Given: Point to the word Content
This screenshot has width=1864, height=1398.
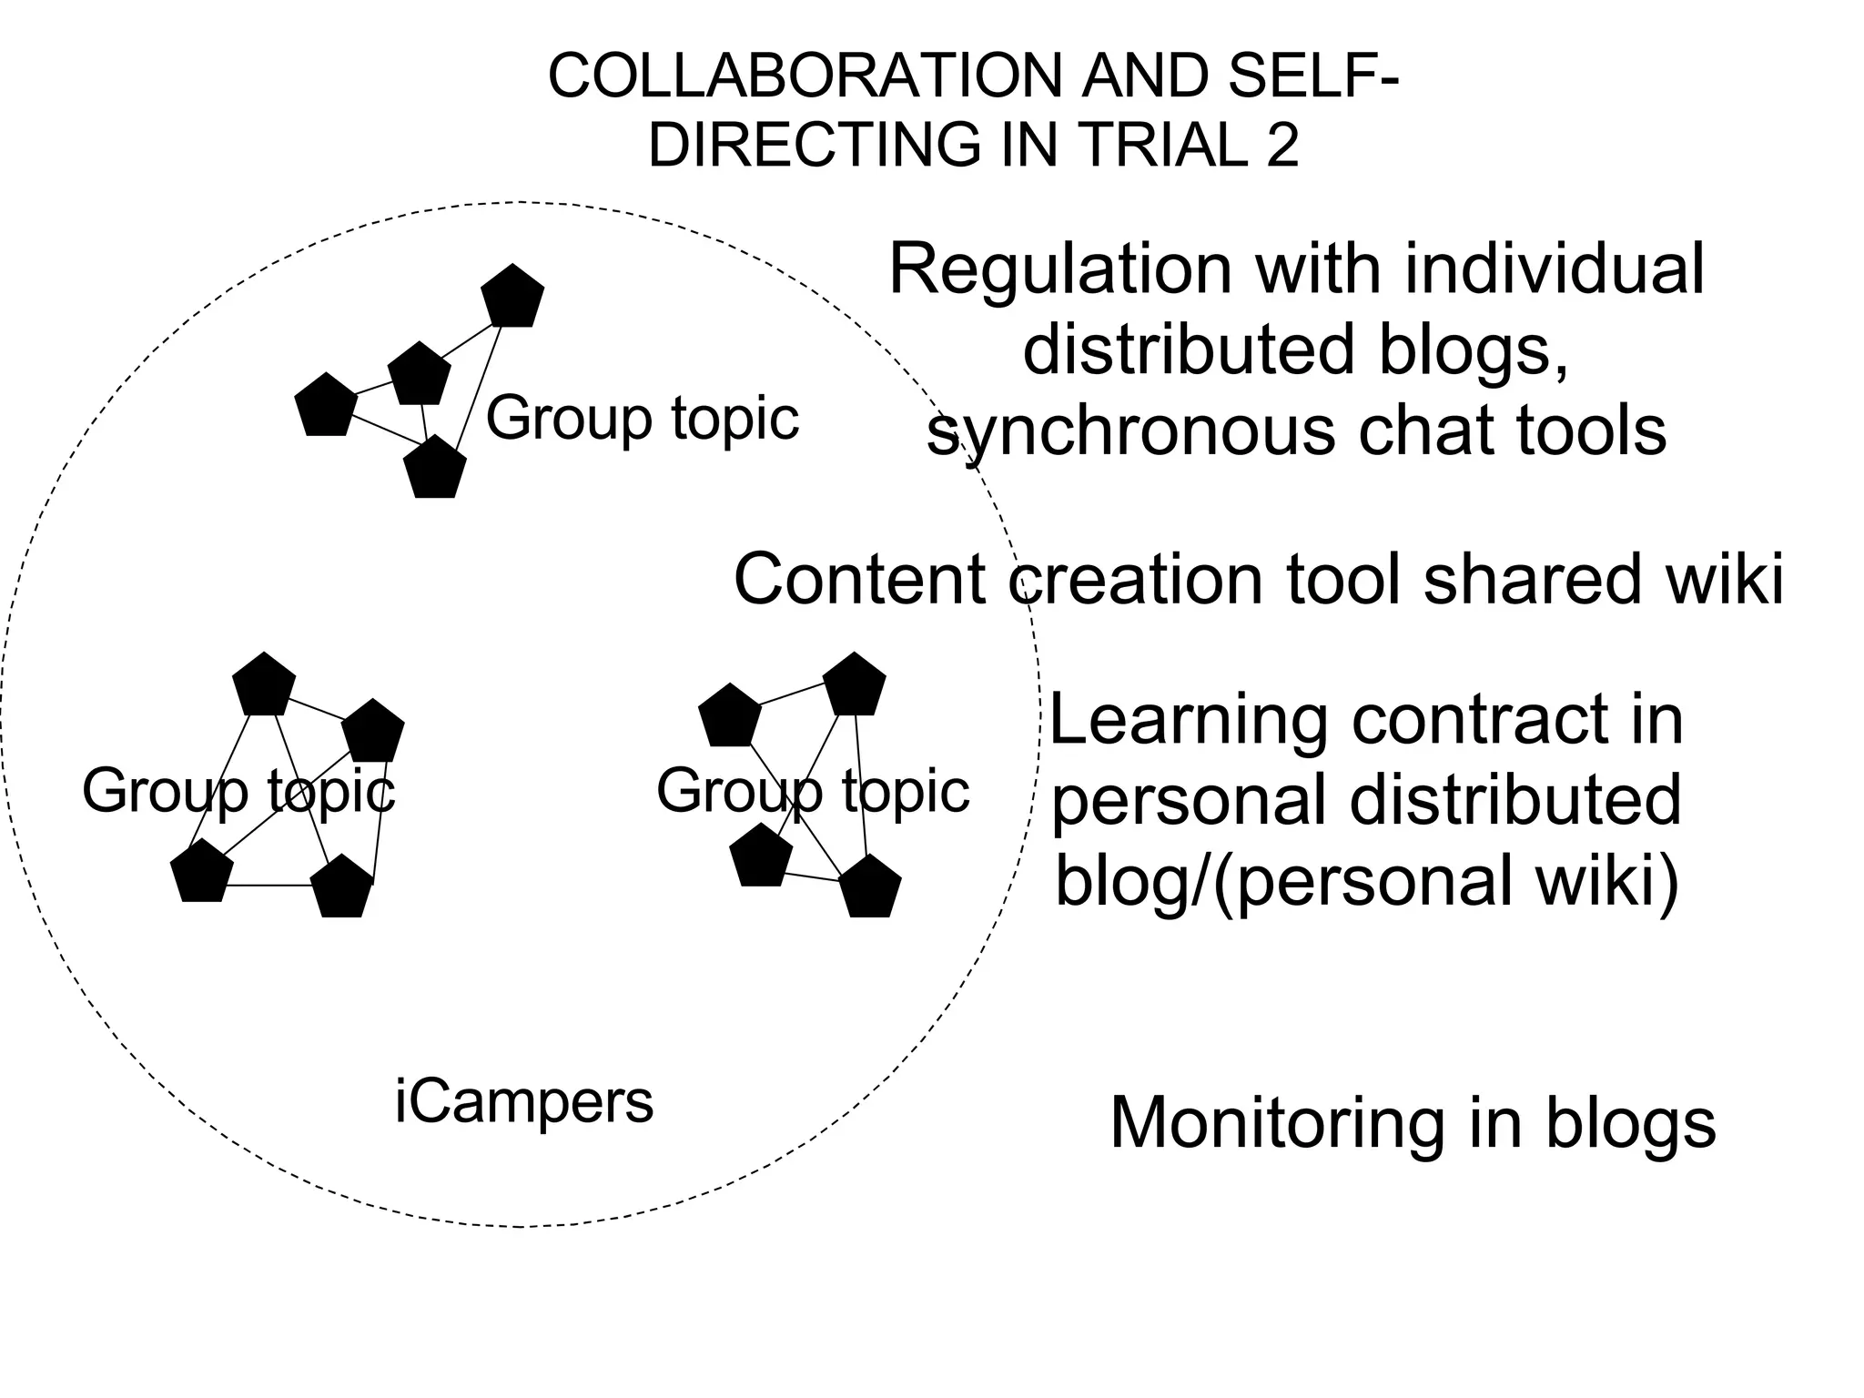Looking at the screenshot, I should [x=860, y=580].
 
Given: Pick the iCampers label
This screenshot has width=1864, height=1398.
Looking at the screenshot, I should [x=524, y=1103].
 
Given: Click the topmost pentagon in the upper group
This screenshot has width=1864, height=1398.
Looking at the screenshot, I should [x=512, y=297].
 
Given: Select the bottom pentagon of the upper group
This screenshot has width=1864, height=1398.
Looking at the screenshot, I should [x=434, y=468].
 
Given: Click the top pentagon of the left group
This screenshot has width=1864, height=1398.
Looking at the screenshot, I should [x=264, y=684].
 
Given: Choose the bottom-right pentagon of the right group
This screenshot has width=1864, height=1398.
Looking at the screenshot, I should [x=870, y=887].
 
